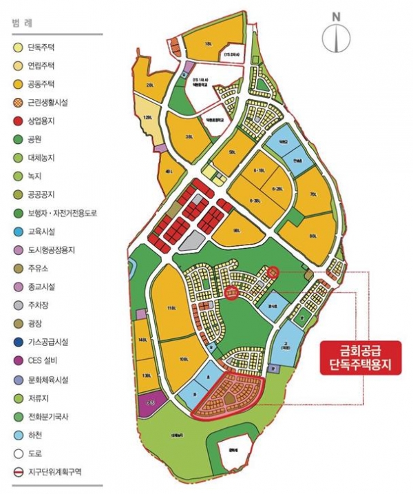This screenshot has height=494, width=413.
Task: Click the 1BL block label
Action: click(x=208, y=45)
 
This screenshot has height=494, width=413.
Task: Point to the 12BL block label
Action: click(x=147, y=118)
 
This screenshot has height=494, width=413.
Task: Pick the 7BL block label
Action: click(x=313, y=195)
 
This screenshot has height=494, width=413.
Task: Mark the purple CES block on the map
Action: click(x=151, y=404)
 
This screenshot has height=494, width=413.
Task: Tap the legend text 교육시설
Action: click(x=43, y=231)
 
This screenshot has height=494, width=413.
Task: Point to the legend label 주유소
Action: click(x=39, y=268)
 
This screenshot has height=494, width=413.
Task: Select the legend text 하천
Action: click(x=35, y=435)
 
